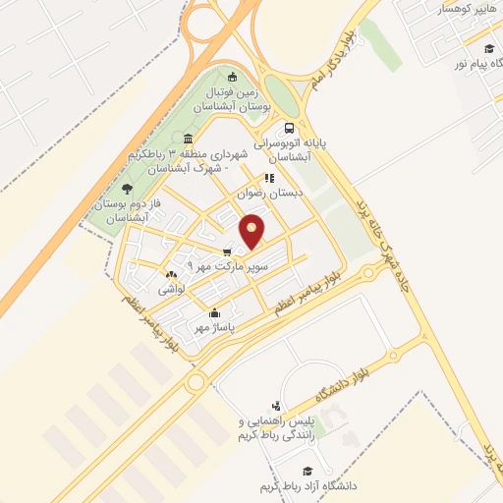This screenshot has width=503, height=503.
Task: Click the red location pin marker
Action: [252, 230]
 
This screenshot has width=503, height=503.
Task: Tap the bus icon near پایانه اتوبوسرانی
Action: [289, 128]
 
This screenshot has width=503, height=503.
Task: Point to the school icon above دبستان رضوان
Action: [270, 179]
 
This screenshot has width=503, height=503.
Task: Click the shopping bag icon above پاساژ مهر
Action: [215, 313]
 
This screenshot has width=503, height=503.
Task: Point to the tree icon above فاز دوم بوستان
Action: [127, 189]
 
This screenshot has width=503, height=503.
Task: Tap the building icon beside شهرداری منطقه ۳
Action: [188, 138]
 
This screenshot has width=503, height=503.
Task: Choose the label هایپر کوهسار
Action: [450, 7]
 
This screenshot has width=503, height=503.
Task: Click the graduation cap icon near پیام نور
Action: [489, 47]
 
